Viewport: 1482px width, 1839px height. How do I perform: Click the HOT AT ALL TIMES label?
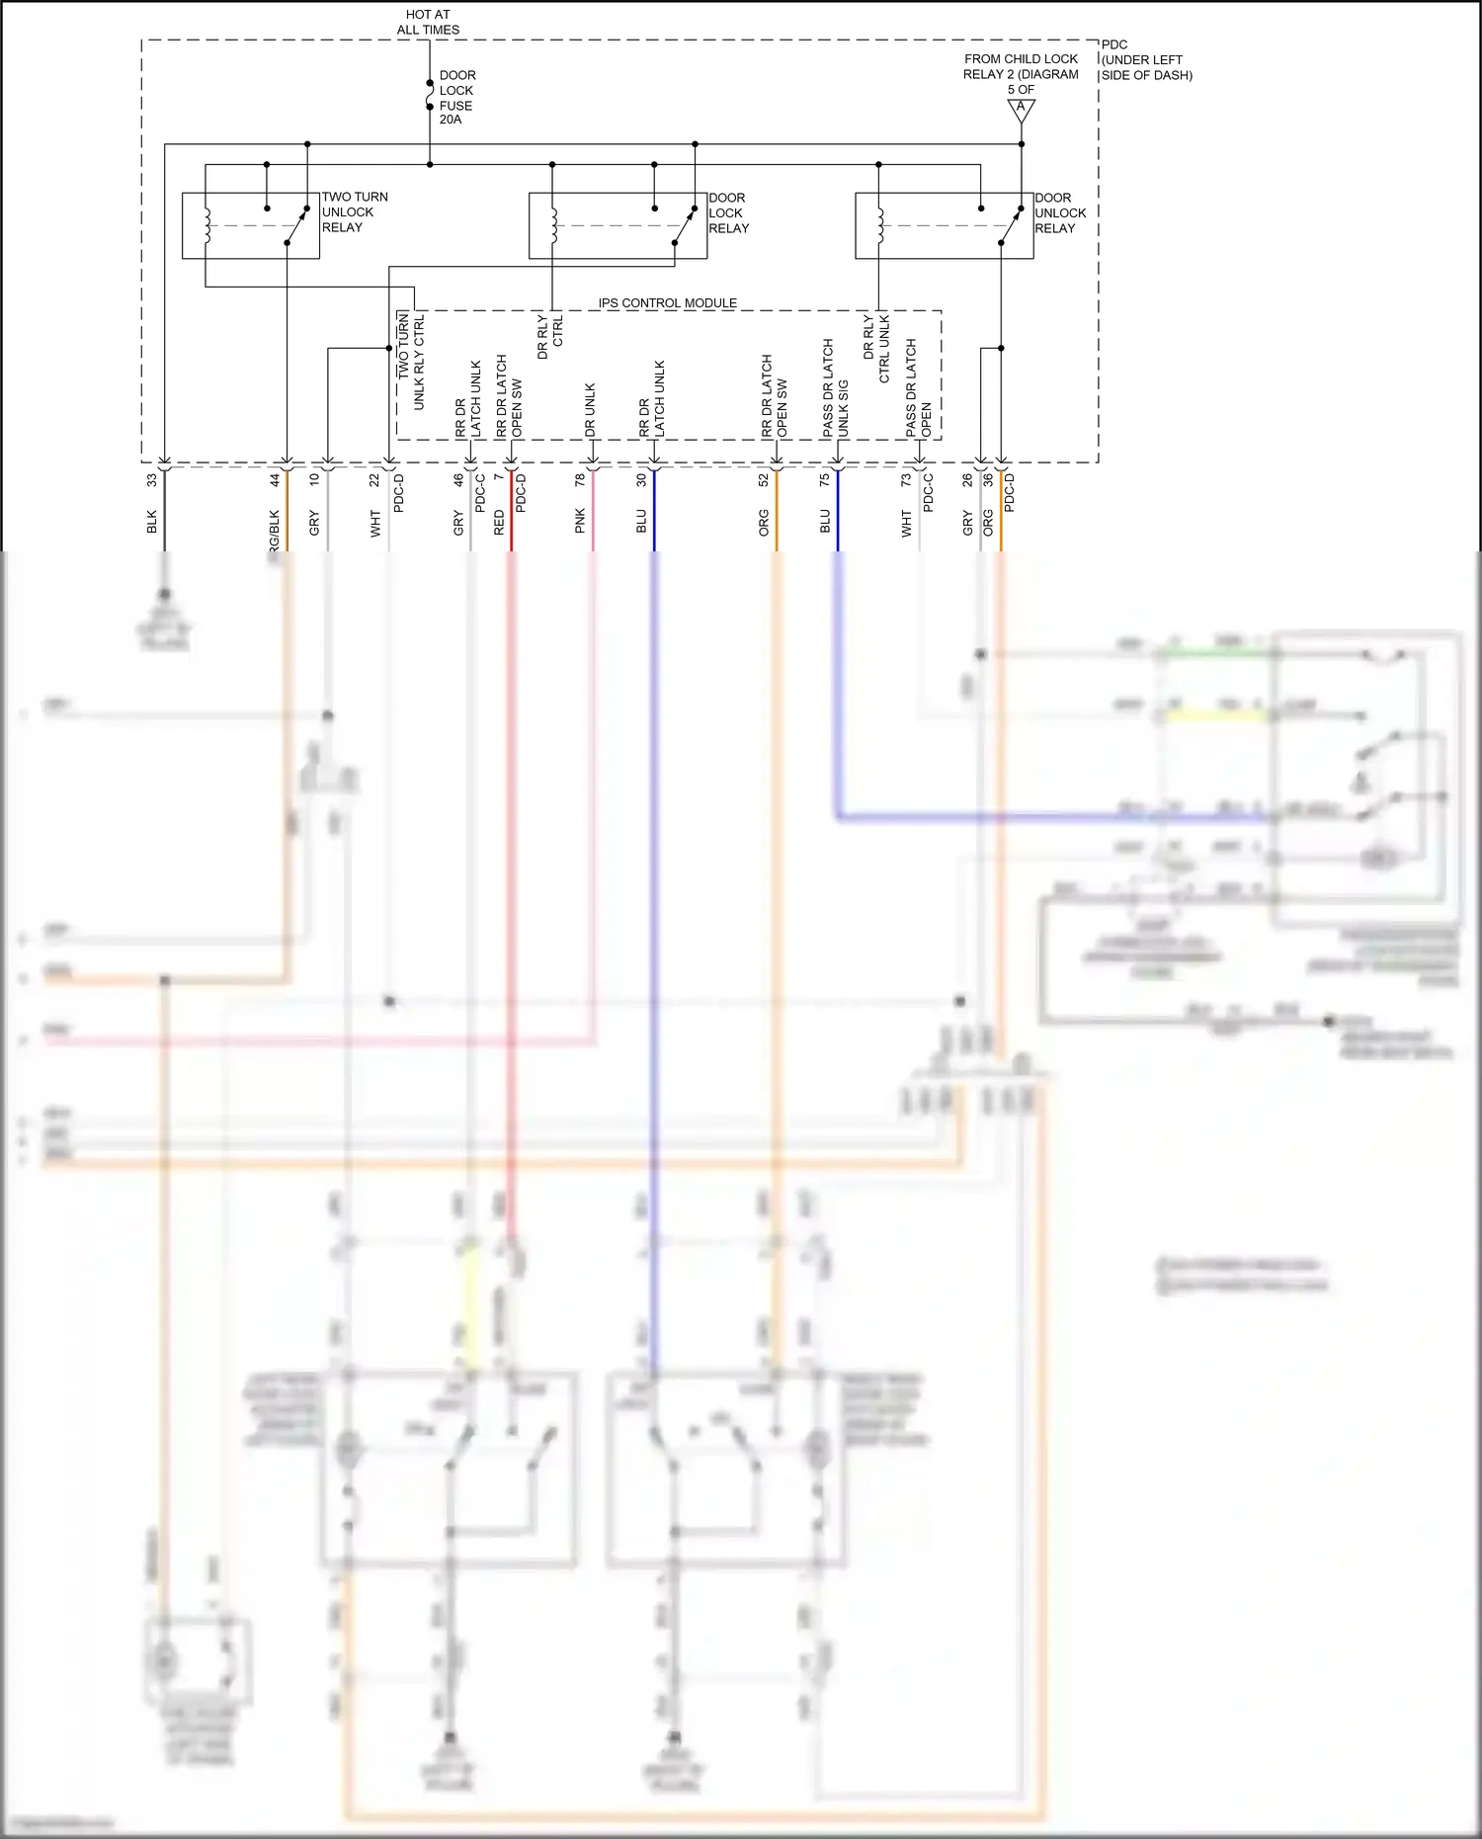point(428,22)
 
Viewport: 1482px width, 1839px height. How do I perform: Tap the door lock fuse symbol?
point(430,96)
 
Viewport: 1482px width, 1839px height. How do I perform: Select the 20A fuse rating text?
point(451,120)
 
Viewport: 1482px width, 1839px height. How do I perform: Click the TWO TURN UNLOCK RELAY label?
point(355,212)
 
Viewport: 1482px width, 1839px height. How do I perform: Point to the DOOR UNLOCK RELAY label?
point(1060,213)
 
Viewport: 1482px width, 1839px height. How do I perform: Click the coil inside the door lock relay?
point(553,225)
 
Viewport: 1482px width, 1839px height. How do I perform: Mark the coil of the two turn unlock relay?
point(206,225)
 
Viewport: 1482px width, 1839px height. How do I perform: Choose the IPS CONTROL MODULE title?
point(667,303)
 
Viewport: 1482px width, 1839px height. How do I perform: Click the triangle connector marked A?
point(1022,110)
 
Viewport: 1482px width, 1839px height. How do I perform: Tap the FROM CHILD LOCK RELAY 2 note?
point(1021,74)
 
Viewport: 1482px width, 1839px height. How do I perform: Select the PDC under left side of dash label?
point(1146,60)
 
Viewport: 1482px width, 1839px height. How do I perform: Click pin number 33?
point(152,480)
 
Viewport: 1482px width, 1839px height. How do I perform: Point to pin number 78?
point(580,480)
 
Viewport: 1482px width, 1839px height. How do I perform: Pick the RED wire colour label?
point(499,523)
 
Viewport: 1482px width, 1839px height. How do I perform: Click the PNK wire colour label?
point(580,521)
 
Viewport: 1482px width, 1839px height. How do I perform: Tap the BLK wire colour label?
point(152,522)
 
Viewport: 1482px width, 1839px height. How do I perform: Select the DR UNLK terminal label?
point(590,410)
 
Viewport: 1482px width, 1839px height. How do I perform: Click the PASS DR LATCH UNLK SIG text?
point(836,388)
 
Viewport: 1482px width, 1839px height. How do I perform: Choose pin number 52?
point(764,480)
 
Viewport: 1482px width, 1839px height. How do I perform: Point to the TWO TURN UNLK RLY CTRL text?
point(411,361)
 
